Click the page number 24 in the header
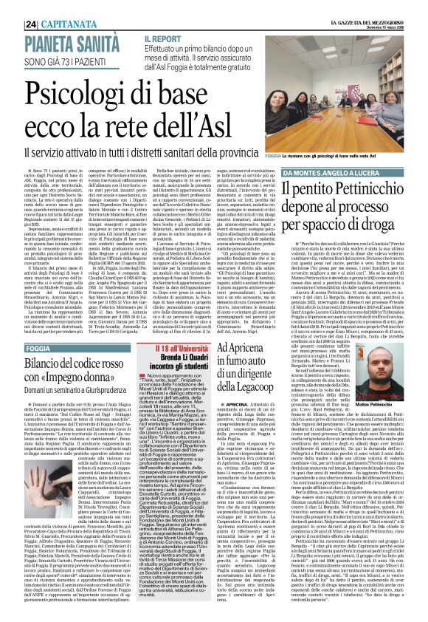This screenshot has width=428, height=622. click(x=11, y=8)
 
